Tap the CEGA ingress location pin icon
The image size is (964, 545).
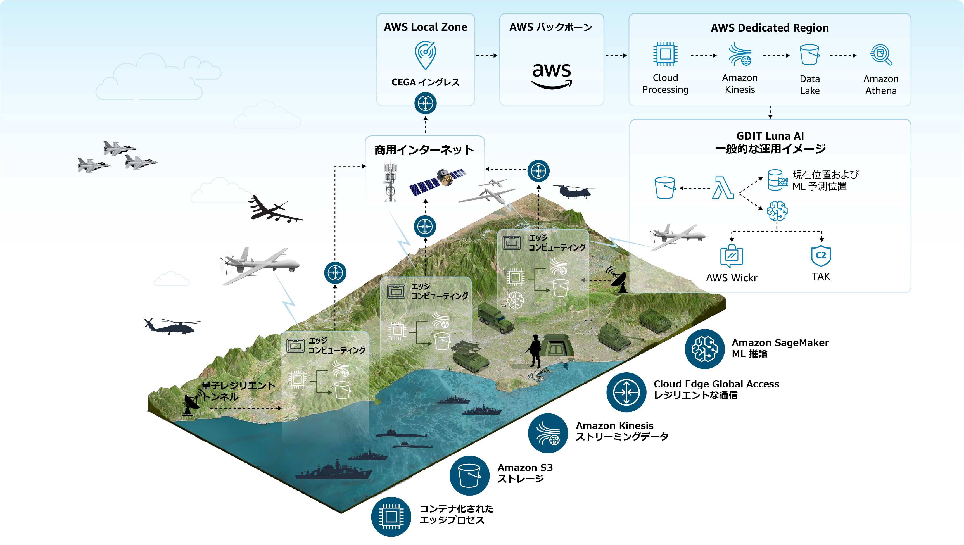coord(425,55)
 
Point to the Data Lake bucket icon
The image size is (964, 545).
coord(809,55)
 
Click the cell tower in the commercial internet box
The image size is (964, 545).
coord(390,182)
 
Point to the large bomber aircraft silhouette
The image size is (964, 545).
coord(273,210)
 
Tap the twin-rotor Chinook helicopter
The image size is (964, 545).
coord(573,191)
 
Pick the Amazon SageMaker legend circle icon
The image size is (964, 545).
coord(705,349)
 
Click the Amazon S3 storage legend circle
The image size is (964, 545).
coord(469,476)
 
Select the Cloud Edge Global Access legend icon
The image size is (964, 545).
coord(626,392)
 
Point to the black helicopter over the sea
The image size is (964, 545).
coord(172,326)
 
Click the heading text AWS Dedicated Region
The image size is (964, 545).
coord(770,28)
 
